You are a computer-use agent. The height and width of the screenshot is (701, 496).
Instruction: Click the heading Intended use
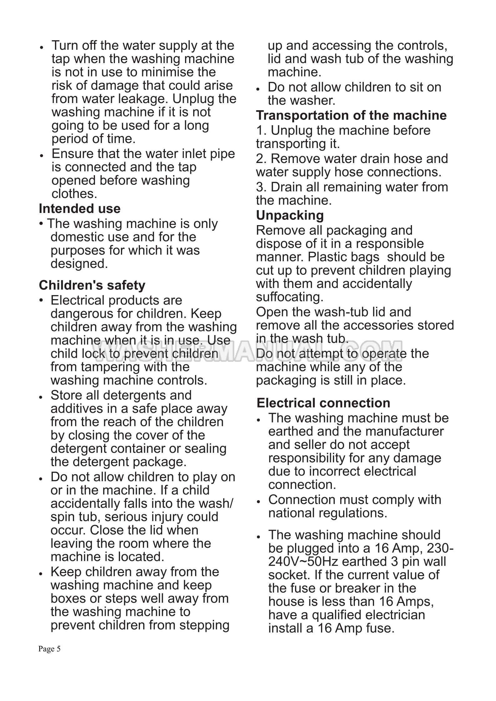tap(79, 209)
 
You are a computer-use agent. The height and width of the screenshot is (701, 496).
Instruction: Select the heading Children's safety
tap(92, 285)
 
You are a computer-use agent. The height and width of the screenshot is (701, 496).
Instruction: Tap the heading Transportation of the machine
tap(351, 115)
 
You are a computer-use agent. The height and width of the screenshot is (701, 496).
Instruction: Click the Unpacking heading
tap(290, 215)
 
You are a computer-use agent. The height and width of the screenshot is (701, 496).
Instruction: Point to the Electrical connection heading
tap(323, 403)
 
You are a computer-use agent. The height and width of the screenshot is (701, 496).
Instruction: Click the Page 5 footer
tap(49, 649)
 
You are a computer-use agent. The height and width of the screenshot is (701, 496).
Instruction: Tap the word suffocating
tap(289, 297)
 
